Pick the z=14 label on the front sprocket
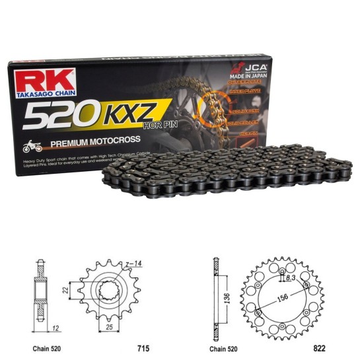tap(135, 264)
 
